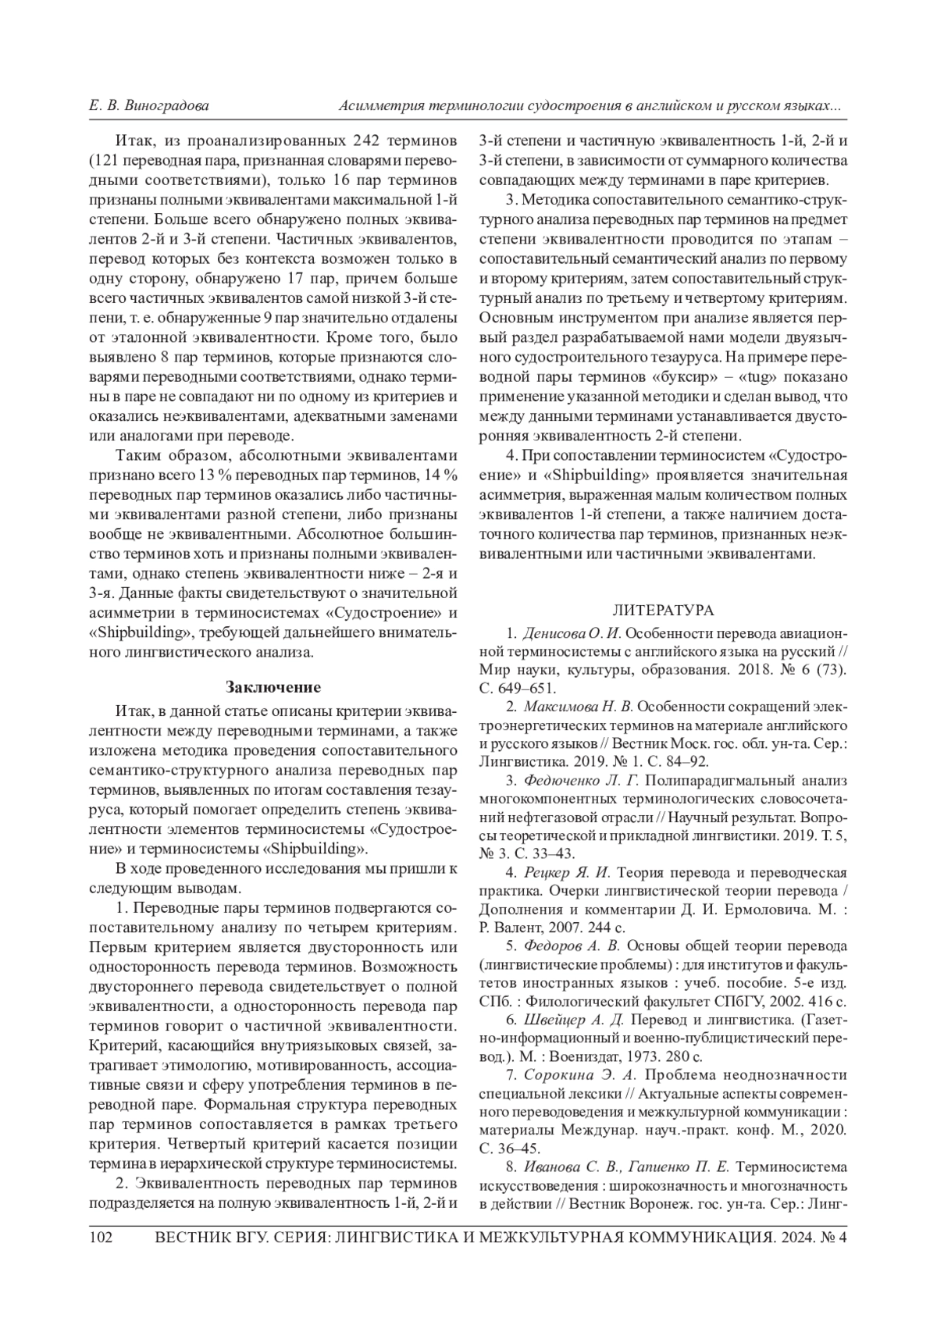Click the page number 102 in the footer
[x=102, y=1238]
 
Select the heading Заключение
[x=273, y=687]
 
